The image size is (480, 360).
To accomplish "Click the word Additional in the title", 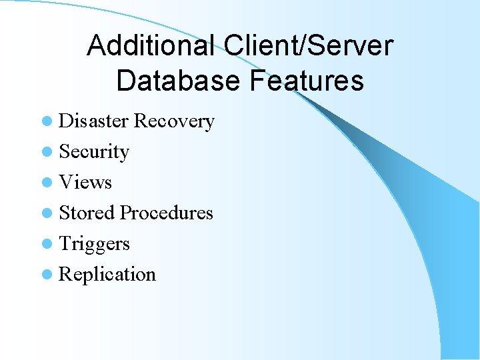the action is (150, 46).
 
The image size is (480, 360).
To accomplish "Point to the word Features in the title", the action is (307, 81).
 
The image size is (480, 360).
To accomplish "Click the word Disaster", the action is (94, 121).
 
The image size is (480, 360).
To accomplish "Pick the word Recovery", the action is (174, 121).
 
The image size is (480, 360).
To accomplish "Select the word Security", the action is (94, 152).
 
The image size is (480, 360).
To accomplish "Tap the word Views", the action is (85, 182).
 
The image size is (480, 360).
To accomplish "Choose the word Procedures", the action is (166, 213).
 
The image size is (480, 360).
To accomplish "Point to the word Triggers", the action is (94, 244).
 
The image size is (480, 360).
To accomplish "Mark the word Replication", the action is (107, 275).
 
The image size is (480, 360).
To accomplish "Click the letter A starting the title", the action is (96, 46).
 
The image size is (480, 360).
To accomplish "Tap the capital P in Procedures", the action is (125, 213).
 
